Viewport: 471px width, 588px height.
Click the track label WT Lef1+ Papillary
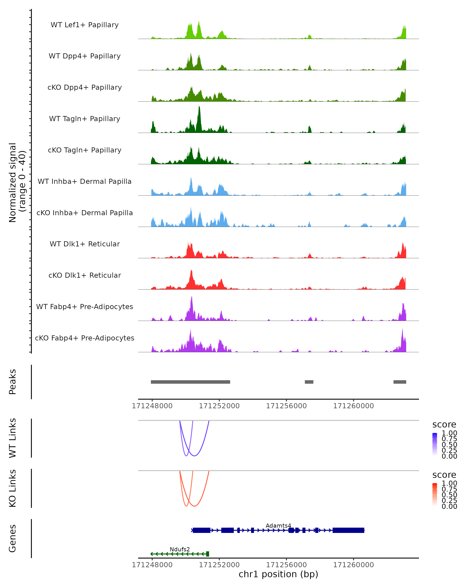click(x=85, y=25)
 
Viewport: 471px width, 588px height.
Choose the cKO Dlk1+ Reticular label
click(x=85, y=275)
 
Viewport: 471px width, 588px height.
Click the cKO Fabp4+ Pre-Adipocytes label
click(x=85, y=338)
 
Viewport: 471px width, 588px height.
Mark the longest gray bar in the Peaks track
click(x=190, y=382)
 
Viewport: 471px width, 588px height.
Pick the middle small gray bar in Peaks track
click(x=309, y=382)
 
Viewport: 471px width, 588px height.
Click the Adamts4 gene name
click(x=278, y=525)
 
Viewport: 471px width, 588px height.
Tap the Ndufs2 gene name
click(x=180, y=549)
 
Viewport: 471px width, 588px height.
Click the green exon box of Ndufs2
click(x=207, y=554)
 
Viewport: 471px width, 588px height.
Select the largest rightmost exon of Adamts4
click(x=348, y=530)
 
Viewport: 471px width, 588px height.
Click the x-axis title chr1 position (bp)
click(x=278, y=574)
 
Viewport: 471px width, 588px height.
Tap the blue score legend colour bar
click(x=435, y=444)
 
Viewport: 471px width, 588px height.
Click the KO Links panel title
click(x=12, y=488)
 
